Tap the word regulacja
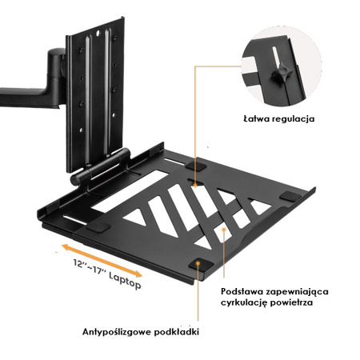click(x=293, y=120)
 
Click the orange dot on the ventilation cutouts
click(x=226, y=226)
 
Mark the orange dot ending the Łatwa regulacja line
click(x=196, y=68)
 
